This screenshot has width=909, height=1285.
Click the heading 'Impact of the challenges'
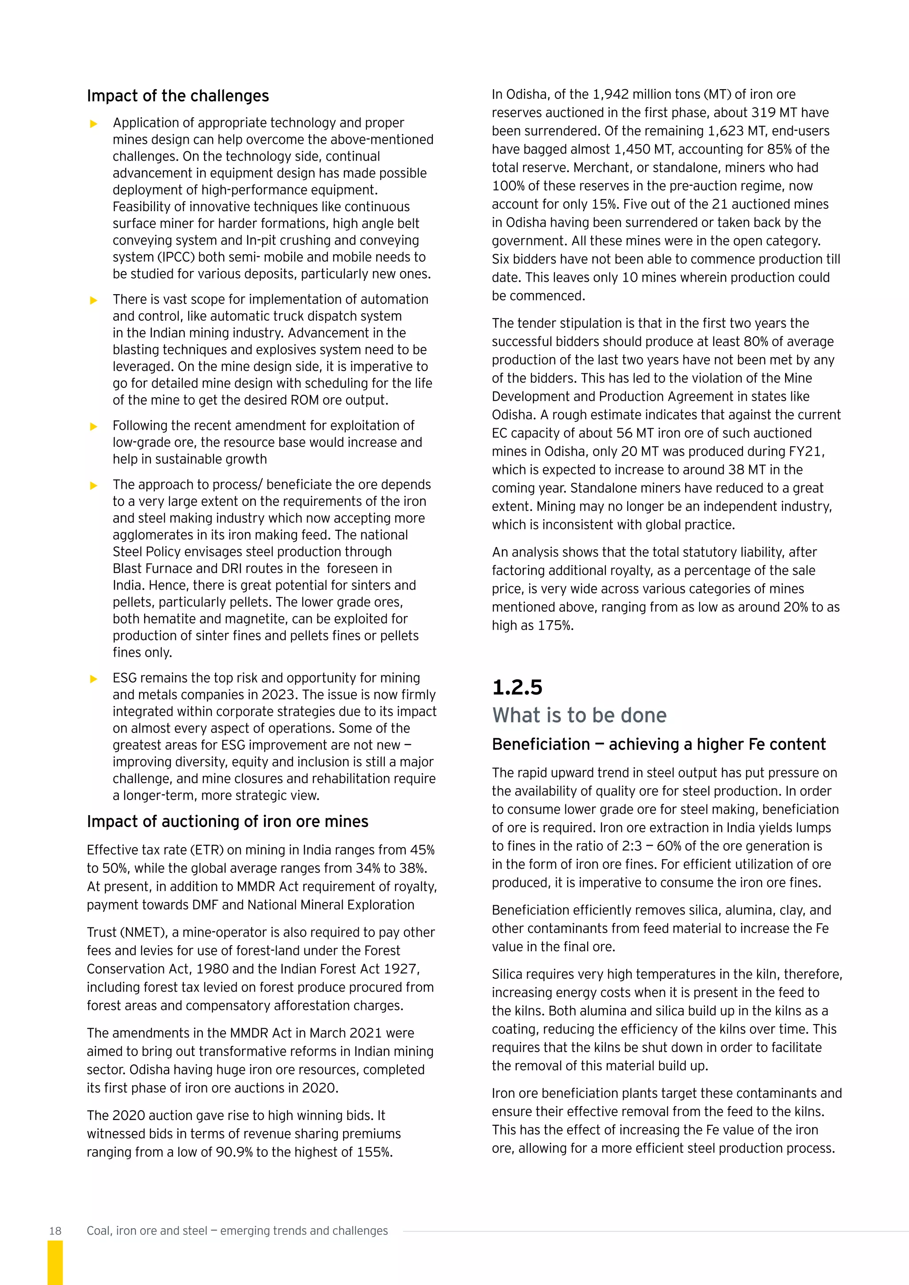178,96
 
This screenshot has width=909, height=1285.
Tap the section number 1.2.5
517,687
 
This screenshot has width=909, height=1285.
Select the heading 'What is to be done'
579,715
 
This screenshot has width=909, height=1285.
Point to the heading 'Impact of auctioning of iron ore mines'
227,822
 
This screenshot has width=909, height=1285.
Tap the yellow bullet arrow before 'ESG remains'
94,679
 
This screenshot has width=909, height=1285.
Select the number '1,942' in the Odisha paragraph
611,95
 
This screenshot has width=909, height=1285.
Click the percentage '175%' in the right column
555,626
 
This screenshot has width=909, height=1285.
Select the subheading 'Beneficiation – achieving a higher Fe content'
658,745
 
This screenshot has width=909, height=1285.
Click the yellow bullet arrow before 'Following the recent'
94,426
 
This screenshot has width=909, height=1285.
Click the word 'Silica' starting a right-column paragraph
506,974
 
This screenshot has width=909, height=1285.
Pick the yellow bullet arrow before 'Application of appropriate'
94,124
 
